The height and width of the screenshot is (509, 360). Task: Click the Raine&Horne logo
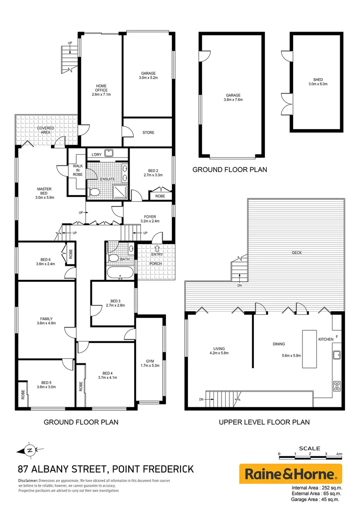[x=290, y=473]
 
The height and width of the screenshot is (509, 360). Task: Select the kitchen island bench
[x=309, y=349]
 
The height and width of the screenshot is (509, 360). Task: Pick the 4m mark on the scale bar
[x=339, y=454]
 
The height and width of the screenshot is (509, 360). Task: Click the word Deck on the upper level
[x=296, y=253]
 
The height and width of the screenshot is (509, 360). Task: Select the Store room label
[x=148, y=132]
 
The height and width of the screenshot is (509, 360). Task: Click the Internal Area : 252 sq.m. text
[x=317, y=488]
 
